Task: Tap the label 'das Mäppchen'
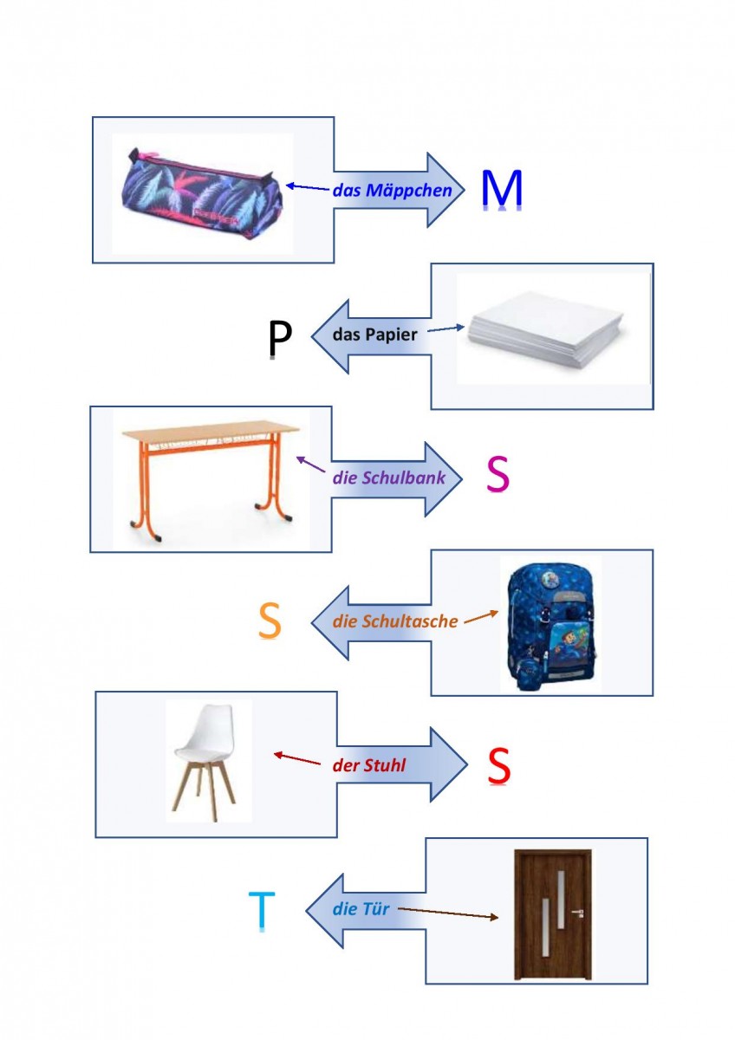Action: [392, 190]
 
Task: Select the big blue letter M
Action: [502, 191]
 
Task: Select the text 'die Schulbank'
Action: [389, 478]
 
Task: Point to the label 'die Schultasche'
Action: [395, 621]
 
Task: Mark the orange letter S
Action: [270, 621]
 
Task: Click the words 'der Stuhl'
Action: [368, 765]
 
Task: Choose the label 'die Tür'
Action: [361, 910]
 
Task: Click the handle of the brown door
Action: [578, 913]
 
